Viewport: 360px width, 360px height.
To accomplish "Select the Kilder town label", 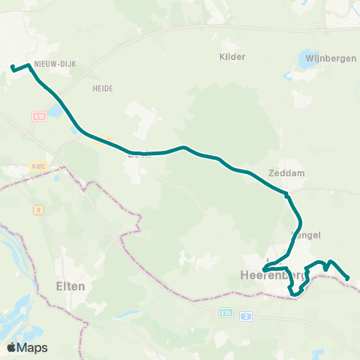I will [x=232, y=56].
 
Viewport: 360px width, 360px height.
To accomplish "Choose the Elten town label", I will [x=70, y=286].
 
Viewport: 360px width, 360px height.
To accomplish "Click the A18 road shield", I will [x=39, y=115].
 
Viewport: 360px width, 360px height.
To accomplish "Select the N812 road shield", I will [x=39, y=166].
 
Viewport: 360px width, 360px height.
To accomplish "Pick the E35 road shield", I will [x=227, y=313].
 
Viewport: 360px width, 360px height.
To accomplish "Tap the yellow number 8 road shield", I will [x=37, y=210].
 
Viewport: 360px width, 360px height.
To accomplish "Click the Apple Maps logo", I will [x=27, y=347].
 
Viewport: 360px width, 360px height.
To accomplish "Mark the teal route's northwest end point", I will [x=12, y=69].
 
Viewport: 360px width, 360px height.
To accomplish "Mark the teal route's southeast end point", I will [x=348, y=280].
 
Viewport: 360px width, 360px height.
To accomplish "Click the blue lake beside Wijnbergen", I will [x=307, y=58].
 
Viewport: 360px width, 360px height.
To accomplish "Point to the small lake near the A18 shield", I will [x=55, y=113].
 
